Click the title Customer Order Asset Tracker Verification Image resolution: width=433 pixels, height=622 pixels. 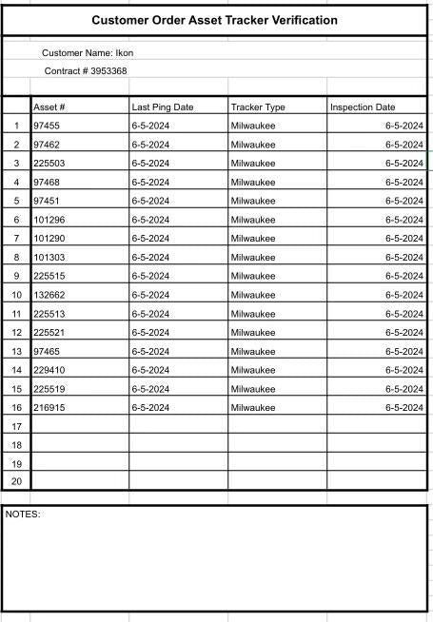pyautogui.click(x=214, y=20)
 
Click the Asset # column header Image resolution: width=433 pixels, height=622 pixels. pyautogui.click(x=49, y=107)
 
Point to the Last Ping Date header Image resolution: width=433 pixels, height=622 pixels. pyautogui.click(x=162, y=107)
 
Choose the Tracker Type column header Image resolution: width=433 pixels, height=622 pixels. pyautogui.click(x=257, y=107)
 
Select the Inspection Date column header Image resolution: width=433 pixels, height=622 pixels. pyautogui.click(x=363, y=107)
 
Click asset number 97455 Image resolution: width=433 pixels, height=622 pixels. pyautogui.click(x=47, y=126)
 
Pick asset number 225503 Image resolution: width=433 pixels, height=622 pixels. pyautogui.click(x=49, y=164)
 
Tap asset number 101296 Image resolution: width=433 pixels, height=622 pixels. pyautogui.click(x=49, y=220)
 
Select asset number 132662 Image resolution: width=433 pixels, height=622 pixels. pyautogui.click(x=49, y=295)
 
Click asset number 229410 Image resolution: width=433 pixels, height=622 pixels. pyautogui.click(x=49, y=370)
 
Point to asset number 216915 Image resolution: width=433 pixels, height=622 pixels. pyautogui.click(x=49, y=408)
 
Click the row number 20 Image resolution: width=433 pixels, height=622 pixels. pyautogui.click(x=16, y=482)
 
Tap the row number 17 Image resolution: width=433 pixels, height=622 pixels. pyautogui.click(x=16, y=426)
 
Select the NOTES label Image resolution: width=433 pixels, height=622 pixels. pyautogui.click(x=23, y=515)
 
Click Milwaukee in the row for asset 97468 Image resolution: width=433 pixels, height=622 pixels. pyautogui.click(x=252, y=182)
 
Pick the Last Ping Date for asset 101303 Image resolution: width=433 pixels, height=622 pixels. pyautogui.click(x=150, y=257)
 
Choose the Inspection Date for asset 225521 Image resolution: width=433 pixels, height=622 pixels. pyautogui.click(x=403, y=333)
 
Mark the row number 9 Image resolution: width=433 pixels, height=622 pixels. pyautogui.click(x=16, y=276)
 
